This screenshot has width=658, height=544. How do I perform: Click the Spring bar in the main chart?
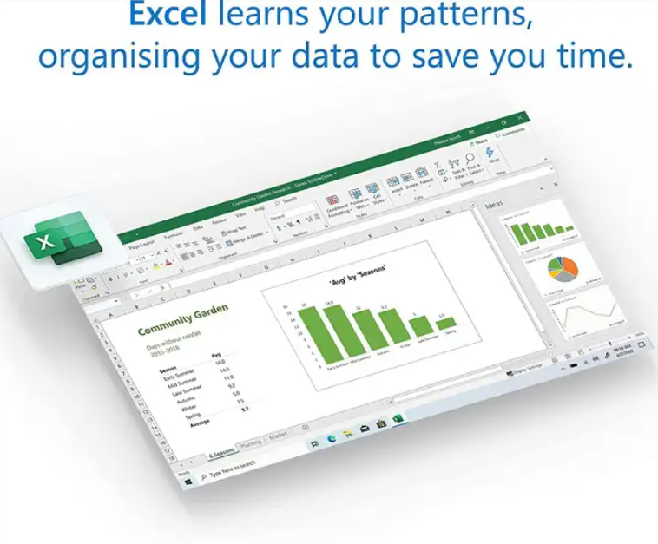click(x=449, y=323)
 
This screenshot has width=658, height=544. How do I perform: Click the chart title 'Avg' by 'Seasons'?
click(x=358, y=277)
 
